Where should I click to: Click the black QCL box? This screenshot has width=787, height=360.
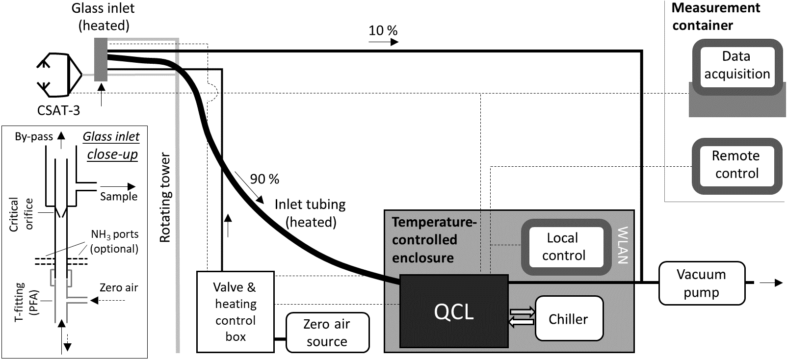tap(454, 311)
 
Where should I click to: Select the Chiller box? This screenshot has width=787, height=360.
tap(568, 319)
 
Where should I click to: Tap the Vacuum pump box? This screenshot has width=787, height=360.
tap(701, 283)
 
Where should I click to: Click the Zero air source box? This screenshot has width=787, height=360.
tap(327, 333)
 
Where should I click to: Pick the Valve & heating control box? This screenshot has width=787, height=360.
tap(236, 311)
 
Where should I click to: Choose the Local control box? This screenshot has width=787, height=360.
tap(563, 247)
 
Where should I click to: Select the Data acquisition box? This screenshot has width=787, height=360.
tap(736, 65)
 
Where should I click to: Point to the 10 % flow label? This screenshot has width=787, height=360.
tap(383, 31)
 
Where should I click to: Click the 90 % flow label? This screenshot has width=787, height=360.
tap(264, 179)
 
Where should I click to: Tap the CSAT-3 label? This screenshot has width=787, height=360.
tap(58, 110)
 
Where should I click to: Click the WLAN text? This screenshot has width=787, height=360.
tap(623, 245)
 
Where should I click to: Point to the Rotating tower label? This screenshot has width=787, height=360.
tap(165, 198)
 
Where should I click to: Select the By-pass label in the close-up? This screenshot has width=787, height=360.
tap(33, 137)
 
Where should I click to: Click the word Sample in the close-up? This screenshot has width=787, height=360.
tap(119, 197)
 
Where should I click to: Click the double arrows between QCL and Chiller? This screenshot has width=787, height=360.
tap(522, 317)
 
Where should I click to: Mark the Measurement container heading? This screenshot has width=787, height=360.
tap(715, 17)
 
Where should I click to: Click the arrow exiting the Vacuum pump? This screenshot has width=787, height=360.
tap(771, 283)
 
